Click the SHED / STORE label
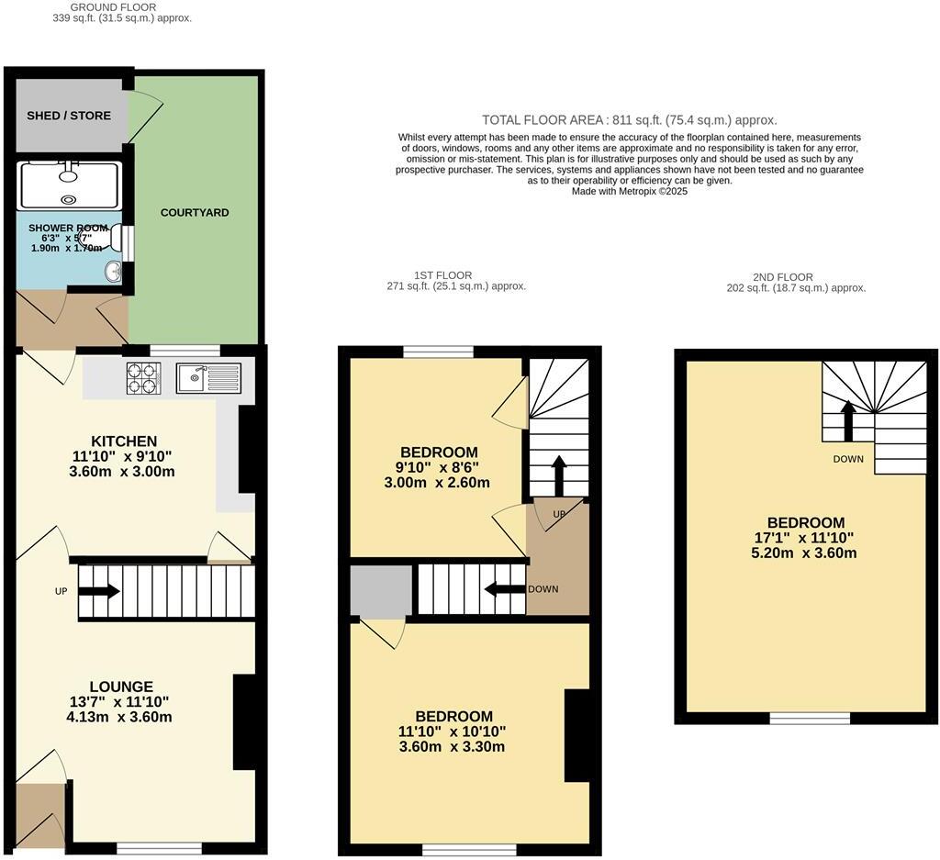(x=69, y=116)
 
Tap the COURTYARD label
(x=195, y=213)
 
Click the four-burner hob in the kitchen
(x=143, y=378)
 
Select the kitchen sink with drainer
(x=209, y=377)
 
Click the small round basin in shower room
(x=112, y=272)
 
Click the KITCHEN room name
(x=123, y=441)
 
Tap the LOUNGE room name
(x=121, y=687)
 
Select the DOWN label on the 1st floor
(x=543, y=589)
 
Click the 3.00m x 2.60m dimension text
(x=437, y=483)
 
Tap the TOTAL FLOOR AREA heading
(x=630, y=120)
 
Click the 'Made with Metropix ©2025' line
(x=630, y=192)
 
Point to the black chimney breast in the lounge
(x=244, y=721)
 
